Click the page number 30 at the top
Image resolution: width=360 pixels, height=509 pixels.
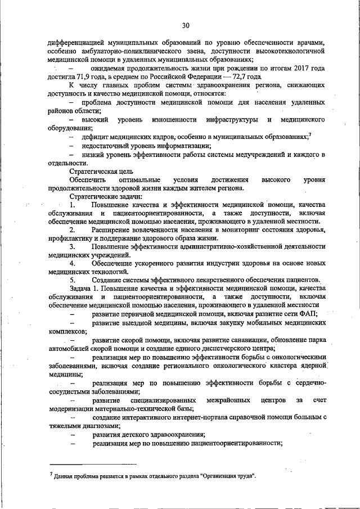(x=186, y=25)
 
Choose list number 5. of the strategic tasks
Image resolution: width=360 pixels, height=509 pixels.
(x=72, y=280)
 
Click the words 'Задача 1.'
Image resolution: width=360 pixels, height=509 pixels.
(x=84, y=288)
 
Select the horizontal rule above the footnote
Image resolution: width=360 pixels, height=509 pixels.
(x=93, y=465)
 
